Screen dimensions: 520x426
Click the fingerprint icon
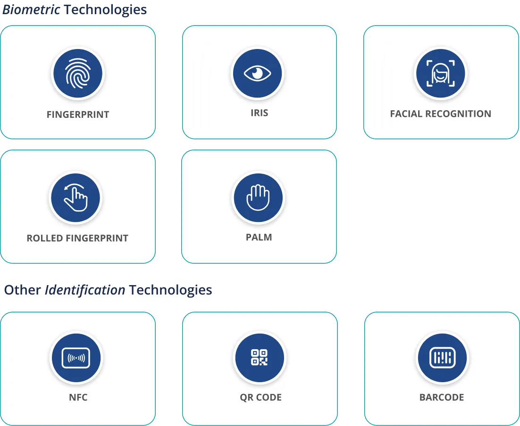(77, 73)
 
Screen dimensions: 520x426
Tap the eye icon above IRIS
(257, 73)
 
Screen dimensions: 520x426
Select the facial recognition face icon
(440, 73)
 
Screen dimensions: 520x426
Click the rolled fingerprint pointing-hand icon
(75, 197)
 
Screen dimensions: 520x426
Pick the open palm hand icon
(258, 197)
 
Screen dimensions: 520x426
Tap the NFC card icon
(76, 358)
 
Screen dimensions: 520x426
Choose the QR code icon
(260, 357)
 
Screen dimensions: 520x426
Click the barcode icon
(443, 357)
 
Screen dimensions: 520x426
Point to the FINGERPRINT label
(78, 115)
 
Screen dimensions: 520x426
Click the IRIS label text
(260, 113)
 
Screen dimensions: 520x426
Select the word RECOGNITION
(458, 114)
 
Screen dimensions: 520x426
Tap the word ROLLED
(45, 238)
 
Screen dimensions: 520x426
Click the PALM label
(259, 237)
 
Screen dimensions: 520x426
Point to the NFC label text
(78, 397)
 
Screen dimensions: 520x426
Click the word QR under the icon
(246, 397)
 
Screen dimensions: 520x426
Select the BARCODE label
(442, 397)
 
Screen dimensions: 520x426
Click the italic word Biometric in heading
(31, 9)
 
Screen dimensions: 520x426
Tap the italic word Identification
(85, 290)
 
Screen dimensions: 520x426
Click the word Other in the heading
(22, 290)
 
